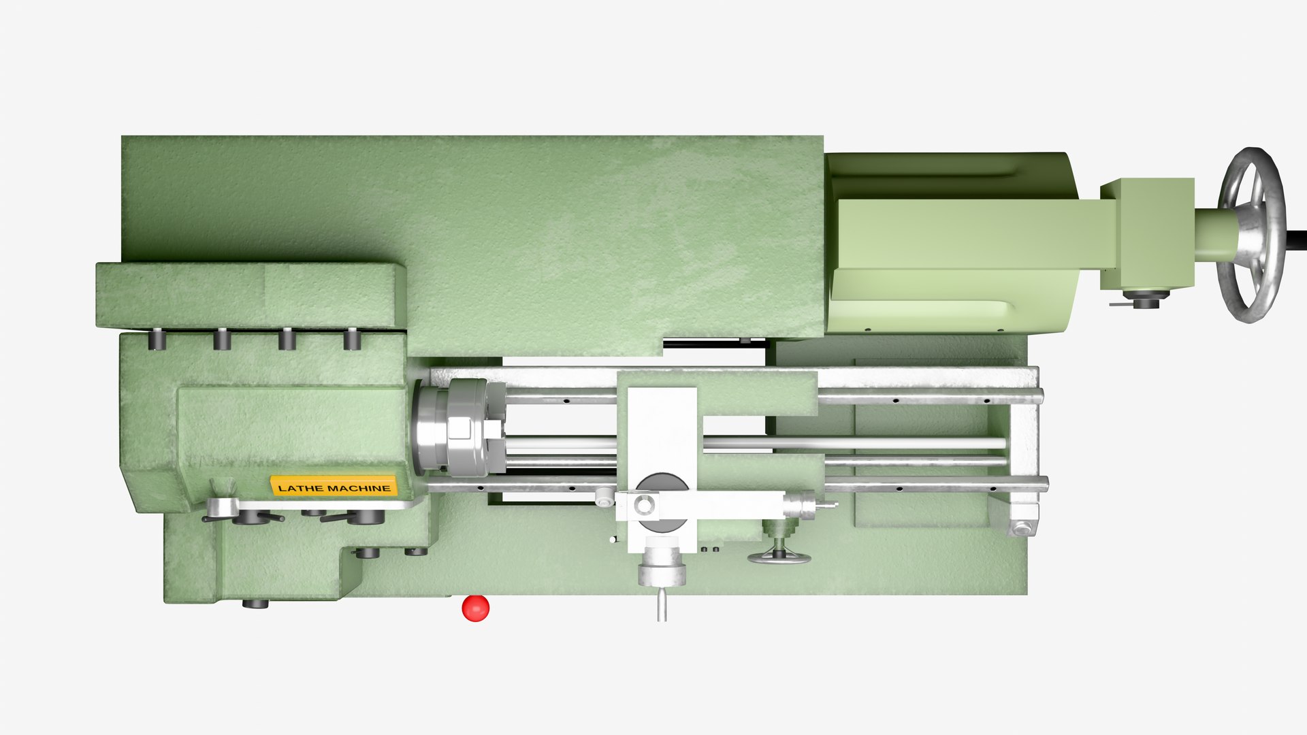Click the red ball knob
pos(475,608)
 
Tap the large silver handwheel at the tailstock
pos(1252,234)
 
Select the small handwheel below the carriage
pos(779,556)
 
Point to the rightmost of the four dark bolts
pos(351,338)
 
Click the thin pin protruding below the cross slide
pos(661,605)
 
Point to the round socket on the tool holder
pos(644,505)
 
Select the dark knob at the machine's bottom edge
pos(255,603)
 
